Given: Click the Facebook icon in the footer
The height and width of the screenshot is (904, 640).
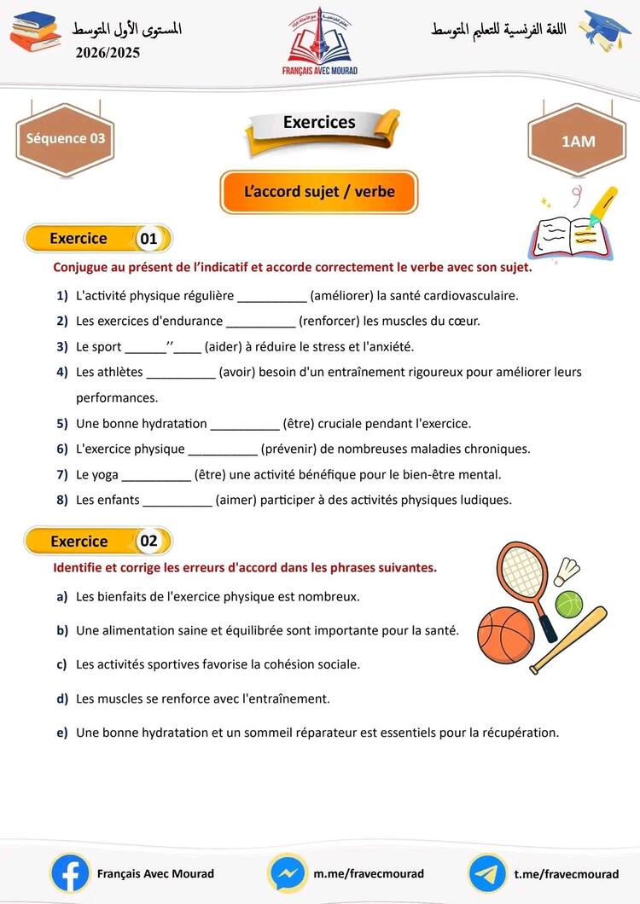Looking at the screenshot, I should click(x=70, y=873).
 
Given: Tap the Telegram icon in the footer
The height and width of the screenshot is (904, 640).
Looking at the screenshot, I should click(x=487, y=873).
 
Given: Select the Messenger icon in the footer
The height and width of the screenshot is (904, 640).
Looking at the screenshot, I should click(x=288, y=873).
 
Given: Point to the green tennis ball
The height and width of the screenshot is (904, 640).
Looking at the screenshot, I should click(x=568, y=604).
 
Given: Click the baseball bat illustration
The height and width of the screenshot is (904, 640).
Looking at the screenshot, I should click(x=569, y=640).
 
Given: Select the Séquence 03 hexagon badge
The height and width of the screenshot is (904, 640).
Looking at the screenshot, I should click(x=65, y=138).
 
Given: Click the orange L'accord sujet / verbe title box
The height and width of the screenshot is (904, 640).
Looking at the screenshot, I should click(x=319, y=192).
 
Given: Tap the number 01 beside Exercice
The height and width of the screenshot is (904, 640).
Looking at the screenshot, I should click(x=149, y=239).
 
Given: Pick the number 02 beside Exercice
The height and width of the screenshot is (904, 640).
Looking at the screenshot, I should click(x=149, y=542).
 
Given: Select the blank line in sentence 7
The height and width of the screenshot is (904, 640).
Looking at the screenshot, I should click(x=156, y=475).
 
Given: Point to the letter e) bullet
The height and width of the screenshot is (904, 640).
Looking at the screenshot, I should click(x=62, y=733).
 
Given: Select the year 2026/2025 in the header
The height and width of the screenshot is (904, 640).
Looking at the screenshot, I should click(x=108, y=53).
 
